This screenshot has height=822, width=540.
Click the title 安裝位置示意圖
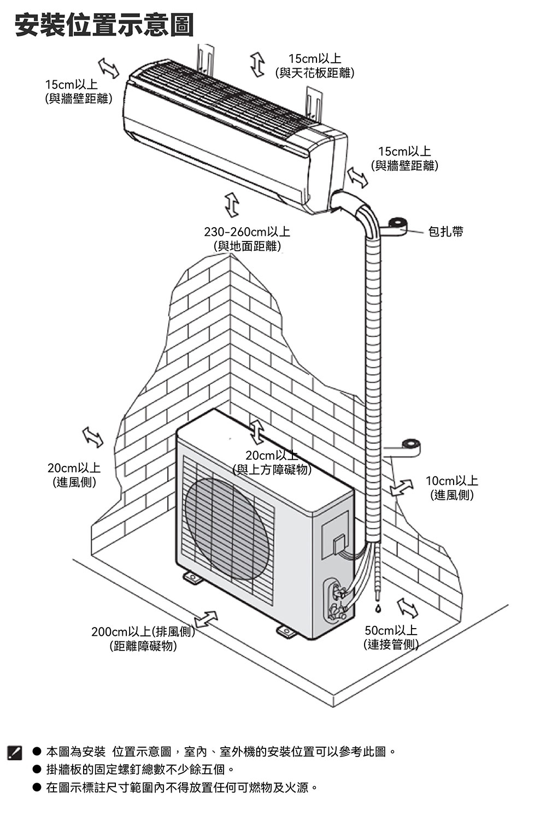[104, 25]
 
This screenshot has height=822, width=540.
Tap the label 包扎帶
[445, 232]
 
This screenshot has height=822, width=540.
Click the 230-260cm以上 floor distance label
[247, 239]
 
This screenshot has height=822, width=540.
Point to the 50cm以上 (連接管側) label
[391, 637]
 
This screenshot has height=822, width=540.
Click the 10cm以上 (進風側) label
[451, 488]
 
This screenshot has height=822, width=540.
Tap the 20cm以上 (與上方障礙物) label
[272, 463]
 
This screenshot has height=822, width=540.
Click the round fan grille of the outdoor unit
[227, 528]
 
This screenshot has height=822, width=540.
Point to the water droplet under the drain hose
[377, 607]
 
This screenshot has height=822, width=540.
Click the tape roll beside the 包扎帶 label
[397, 224]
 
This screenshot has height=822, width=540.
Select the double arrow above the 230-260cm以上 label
[232, 204]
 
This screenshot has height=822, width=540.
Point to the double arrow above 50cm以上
[407, 607]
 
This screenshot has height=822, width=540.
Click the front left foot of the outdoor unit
[192, 577]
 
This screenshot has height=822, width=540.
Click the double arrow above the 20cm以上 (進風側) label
[92, 436]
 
